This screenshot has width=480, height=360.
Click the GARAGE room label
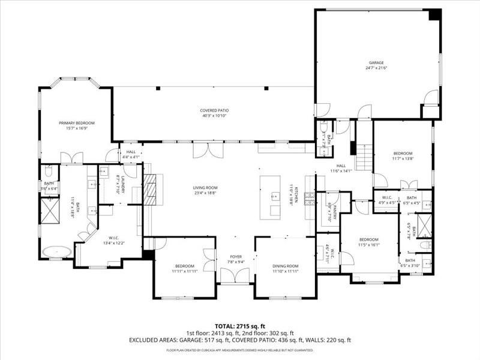pos(376,62)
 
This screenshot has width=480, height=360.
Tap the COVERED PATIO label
pos(214,110)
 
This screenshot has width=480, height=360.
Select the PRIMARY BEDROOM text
pos(76,123)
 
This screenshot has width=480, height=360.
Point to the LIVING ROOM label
pos(205,187)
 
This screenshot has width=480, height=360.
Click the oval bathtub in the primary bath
pos(58,251)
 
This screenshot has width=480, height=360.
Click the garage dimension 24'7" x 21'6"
pos(376,68)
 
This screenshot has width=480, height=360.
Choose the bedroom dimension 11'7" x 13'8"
pos(403,158)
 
